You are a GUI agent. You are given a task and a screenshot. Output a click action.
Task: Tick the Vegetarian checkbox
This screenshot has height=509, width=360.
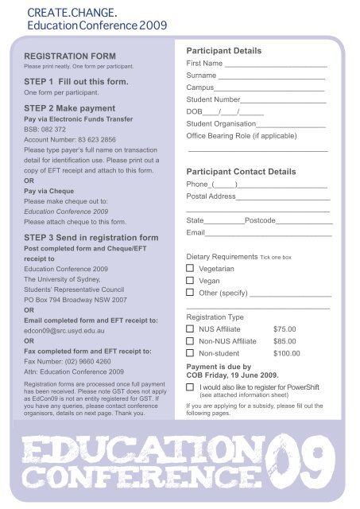190,270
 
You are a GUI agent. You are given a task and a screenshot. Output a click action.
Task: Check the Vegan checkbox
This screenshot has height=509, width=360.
190,281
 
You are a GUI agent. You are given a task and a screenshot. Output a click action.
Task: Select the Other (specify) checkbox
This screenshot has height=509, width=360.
190,293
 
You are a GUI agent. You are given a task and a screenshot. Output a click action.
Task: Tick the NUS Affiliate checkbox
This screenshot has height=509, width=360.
190,328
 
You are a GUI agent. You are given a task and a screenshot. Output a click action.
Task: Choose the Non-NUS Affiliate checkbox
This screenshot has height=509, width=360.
190,340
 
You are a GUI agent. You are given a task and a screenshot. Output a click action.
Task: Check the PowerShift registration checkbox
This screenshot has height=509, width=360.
190,387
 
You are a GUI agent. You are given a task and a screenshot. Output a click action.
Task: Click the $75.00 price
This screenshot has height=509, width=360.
285,328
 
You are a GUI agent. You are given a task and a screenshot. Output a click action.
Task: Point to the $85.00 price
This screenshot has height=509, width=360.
285,340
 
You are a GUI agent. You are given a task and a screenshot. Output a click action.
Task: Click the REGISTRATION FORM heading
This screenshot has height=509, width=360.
70,56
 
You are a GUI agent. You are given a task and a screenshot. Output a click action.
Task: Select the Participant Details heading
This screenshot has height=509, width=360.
223,50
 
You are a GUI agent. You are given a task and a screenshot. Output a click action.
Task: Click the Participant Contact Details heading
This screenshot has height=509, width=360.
241,171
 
